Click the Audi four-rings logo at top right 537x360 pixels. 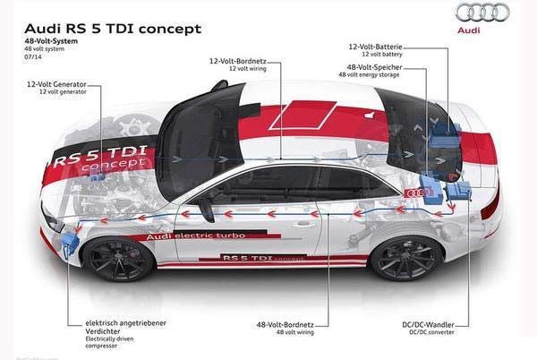coord(482,13)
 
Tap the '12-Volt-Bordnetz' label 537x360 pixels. coord(239,62)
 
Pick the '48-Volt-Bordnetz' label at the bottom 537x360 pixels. coord(285,324)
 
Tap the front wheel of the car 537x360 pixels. coord(117,260)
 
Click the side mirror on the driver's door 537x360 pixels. coord(207,208)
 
